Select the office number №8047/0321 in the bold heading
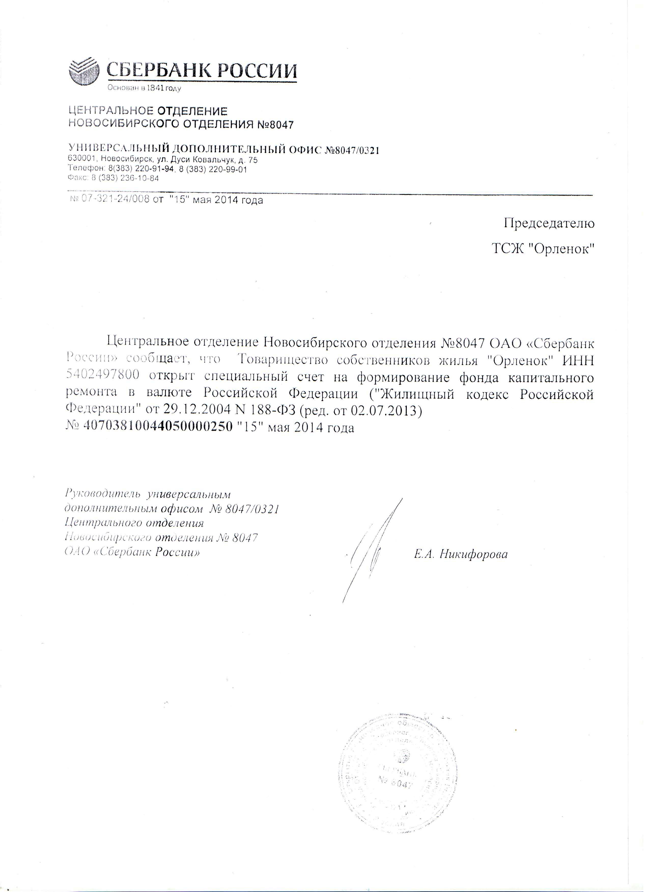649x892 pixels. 351,150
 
